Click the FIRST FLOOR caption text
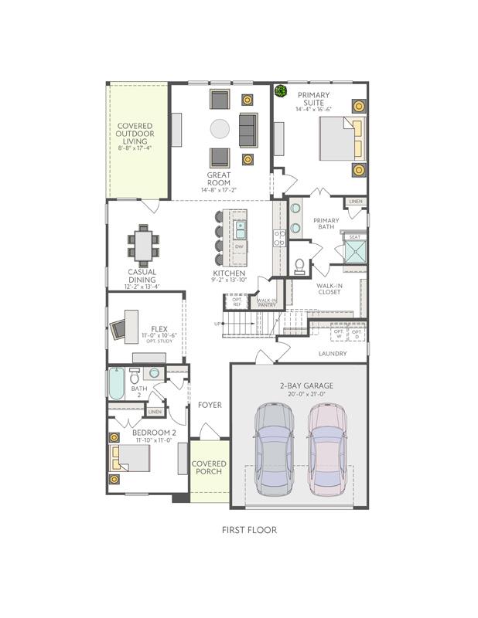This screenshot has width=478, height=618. click(x=249, y=530)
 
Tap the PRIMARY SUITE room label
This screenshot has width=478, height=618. click(x=314, y=99)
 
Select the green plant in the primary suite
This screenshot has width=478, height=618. click(x=282, y=93)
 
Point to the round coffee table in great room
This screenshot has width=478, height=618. click(x=220, y=128)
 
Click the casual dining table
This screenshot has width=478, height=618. click(x=143, y=246)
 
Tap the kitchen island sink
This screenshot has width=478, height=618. click(x=240, y=229)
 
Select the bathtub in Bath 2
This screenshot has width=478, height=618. click(x=116, y=384)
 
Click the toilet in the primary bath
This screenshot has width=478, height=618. click(x=300, y=265)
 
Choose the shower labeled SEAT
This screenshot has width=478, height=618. click(x=355, y=250)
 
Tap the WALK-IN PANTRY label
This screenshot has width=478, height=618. click(x=267, y=303)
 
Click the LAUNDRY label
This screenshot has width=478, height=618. click(x=333, y=354)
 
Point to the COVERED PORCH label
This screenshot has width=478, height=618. click(x=209, y=467)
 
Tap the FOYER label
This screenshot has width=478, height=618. click(x=209, y=405)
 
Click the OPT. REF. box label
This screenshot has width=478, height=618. click(x=248, y=302)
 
